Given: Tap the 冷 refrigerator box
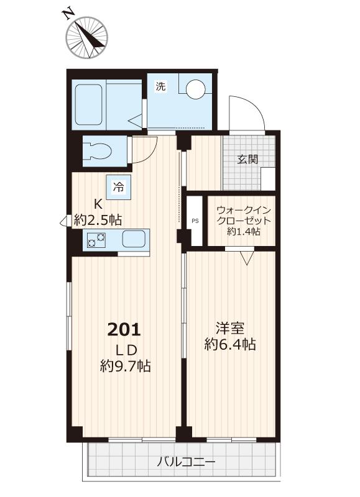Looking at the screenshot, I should pos(118,186).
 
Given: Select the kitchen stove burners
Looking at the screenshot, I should pos(96,239).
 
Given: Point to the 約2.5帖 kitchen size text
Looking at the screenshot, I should pos(98,219).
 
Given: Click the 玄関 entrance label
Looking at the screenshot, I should pos(247,158).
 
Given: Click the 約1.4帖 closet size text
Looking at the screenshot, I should pos(243,232).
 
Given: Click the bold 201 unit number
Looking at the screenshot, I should pos(125,329).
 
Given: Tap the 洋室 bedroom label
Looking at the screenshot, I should pos(230,327).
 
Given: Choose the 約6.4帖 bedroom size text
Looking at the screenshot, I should pos(230,345).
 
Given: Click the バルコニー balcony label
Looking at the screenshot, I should pos(186,462).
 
